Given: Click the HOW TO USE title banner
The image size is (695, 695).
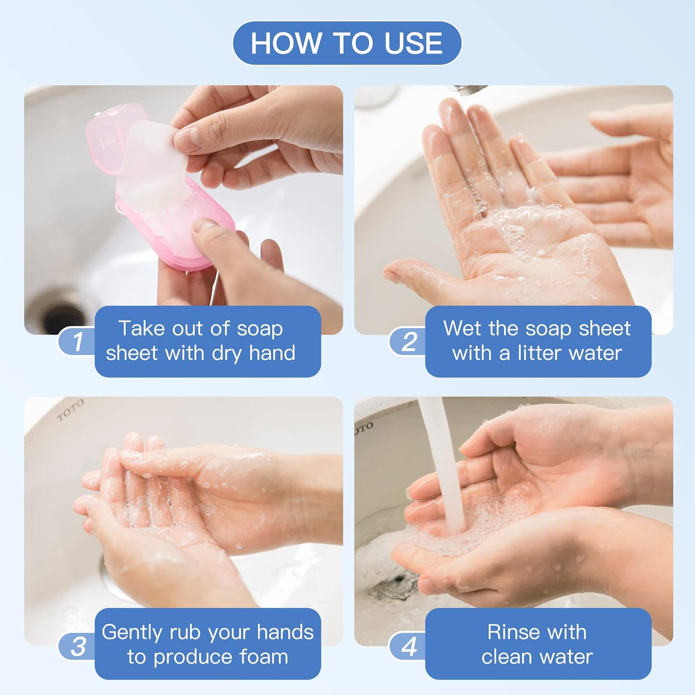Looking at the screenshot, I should [x=347, y=43].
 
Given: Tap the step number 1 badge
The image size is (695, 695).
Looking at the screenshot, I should [x=77, y=341].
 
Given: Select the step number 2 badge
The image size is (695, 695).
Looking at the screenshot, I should [x=408, y=341].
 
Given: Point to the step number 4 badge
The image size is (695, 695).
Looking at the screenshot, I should [x=409, y=646].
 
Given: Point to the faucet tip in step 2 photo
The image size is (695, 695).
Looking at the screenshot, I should [x=466, y=90].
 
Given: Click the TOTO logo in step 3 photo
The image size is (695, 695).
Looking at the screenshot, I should [x=70, y=410].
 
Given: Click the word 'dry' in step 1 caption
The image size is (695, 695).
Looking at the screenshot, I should [x=227, y=353].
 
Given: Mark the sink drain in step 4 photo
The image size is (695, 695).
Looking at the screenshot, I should [x=394, y=586].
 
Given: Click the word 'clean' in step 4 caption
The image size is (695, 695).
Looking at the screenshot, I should [x=508, y=657].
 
